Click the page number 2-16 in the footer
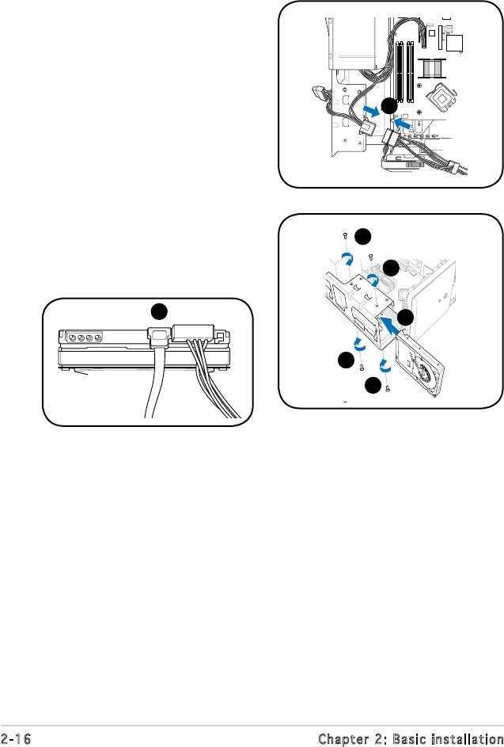point(16,739)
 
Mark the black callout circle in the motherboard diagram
point(389,106)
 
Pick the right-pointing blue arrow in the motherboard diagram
point(371,111)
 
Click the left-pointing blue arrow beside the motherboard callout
point(402,124)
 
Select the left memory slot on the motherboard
point(400,71)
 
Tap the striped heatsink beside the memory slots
point(433,67)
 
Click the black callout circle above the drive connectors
point(159,311)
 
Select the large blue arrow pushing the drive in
point(392,327)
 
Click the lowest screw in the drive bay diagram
point(388,388)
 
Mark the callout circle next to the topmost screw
point(363,236)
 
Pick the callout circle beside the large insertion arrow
point(405,318)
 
